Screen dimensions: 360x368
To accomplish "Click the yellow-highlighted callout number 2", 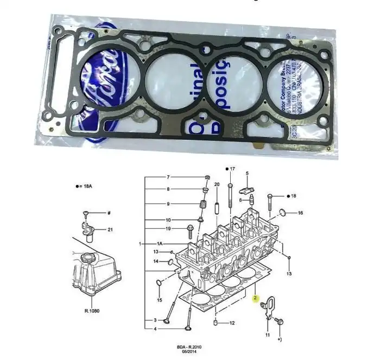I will click(254, 297).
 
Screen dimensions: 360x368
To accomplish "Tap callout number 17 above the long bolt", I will click(232, 170).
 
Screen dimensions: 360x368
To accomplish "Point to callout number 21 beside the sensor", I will click(110, 230).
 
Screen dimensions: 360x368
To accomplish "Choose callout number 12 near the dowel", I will click(232, 323).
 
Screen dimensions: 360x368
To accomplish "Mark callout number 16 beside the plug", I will click(300, 213).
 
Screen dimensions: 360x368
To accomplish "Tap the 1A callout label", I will click(160, 245).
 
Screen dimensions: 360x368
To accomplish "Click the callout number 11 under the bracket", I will click(267, 336).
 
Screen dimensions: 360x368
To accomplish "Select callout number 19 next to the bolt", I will click(168, 229).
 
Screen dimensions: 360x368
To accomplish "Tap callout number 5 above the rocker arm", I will click(246, 173).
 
